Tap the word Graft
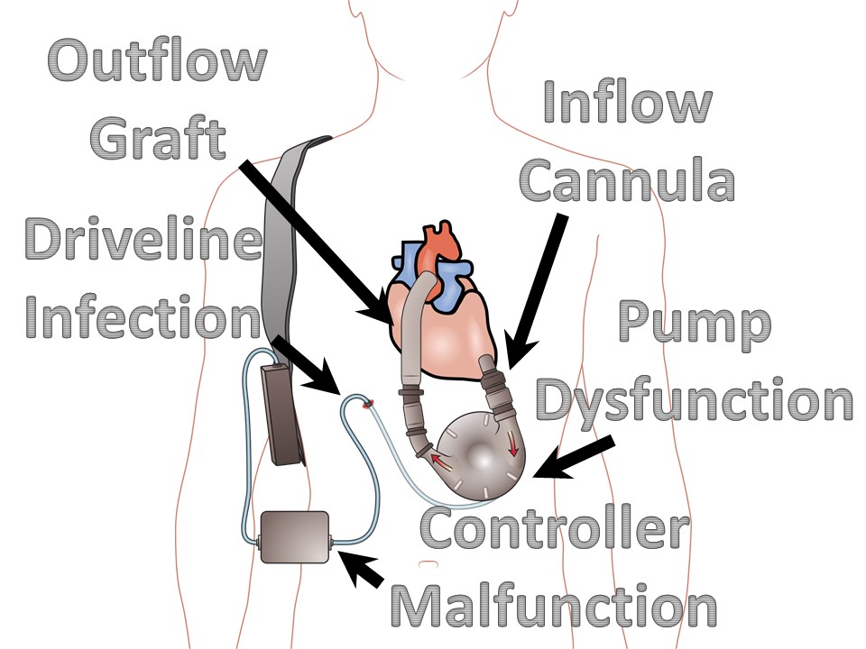point(158,140)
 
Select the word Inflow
point(627,101)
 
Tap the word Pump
point(695,326)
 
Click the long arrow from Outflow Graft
point(316,239)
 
